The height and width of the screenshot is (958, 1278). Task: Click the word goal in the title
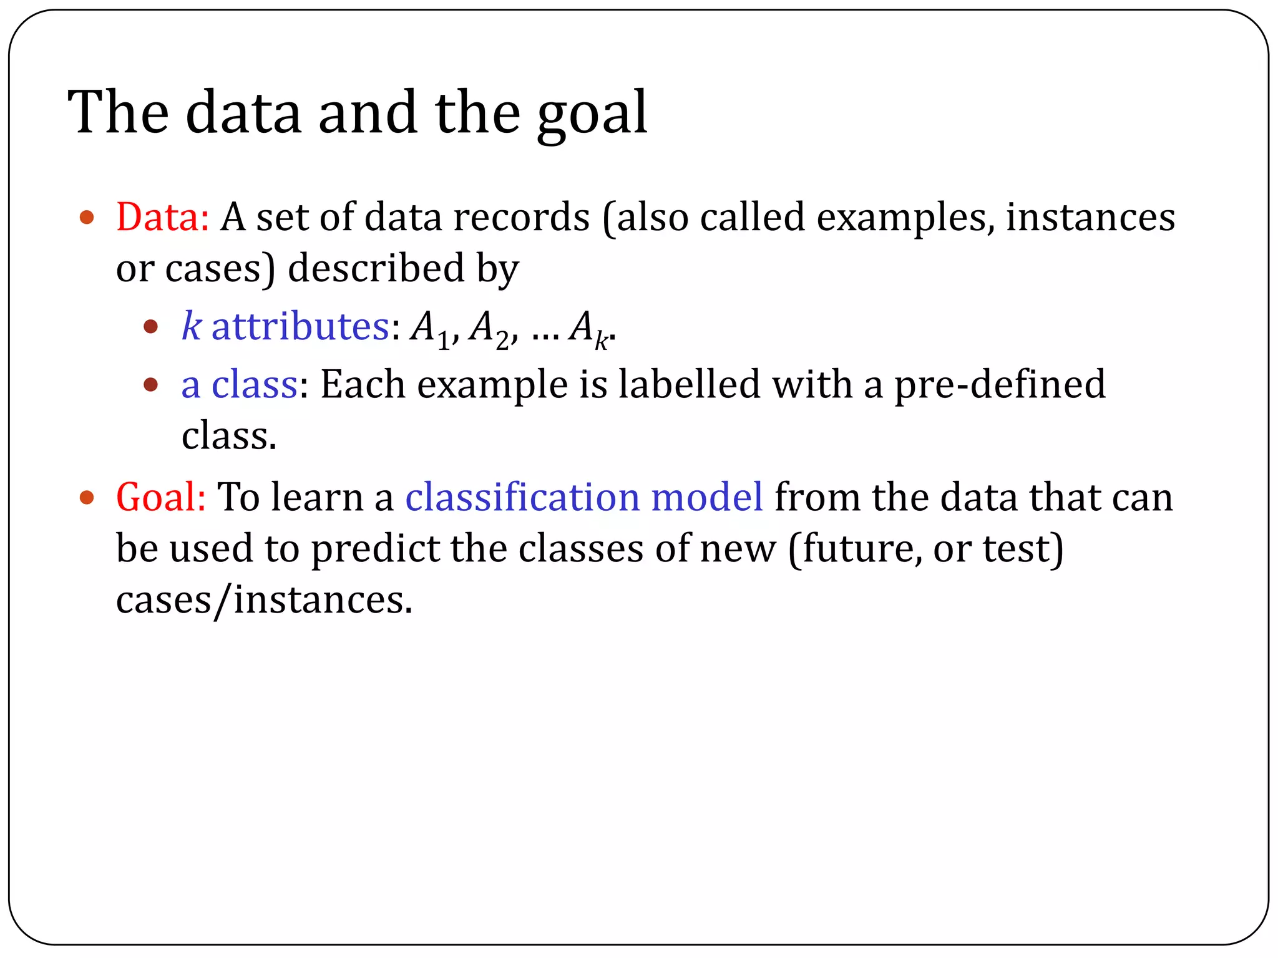point(592,115)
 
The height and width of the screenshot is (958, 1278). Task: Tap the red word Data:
point(162,218)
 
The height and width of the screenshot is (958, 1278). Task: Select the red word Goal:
point(160,498)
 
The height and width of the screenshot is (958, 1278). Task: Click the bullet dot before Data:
point(87,218)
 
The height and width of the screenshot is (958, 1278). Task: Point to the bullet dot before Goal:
point(87,498)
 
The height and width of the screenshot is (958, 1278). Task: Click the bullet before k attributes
point(150,326)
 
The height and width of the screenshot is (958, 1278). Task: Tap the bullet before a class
point(150,384)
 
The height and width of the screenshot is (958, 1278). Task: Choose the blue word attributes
point(300,326)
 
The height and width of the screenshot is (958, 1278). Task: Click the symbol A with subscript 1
point(429,329)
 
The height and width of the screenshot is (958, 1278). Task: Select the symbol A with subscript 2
point(489,329)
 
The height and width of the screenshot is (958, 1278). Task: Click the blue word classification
point(522,498)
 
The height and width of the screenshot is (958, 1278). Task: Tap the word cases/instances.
point(264,601)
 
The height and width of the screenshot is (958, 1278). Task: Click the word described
point(376,269)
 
